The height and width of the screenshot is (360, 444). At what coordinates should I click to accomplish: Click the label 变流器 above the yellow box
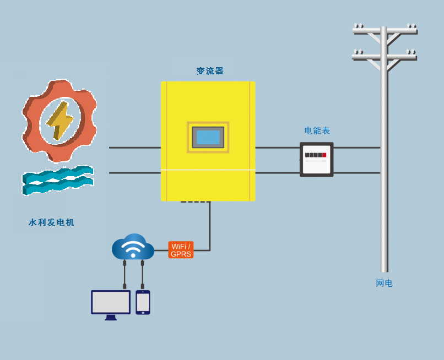(x=210, y=71)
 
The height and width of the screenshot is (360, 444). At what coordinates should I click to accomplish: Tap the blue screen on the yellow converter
(x=208, y=137)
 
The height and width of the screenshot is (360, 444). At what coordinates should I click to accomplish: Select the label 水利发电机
(x=51, y=222)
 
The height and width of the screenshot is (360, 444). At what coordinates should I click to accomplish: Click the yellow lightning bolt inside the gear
(x=60, y=121)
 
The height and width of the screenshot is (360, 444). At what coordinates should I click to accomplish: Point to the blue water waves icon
(x=58, y=181)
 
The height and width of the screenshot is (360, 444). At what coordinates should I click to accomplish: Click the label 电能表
(x=317, y=130)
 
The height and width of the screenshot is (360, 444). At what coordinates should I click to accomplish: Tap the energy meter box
(x=317, y=160)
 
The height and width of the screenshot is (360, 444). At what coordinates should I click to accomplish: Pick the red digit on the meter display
(x=324, y=155)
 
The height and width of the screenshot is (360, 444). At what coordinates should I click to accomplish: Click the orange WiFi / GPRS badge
(x=181, y=249)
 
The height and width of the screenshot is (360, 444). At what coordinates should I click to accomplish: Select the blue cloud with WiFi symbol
(x=133, y=247)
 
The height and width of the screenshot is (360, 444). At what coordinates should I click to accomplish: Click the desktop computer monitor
(x=111, y=305)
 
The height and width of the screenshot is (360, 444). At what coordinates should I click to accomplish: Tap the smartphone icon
(x=143, y=302)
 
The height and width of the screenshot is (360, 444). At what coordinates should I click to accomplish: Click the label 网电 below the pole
(x=385, y=283)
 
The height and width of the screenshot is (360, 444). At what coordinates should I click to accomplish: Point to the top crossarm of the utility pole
(x=385, y=31)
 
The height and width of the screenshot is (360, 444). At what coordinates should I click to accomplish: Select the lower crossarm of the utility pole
(x=385, y=57)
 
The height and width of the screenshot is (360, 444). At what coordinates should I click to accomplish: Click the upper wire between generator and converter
(x=135, y=148)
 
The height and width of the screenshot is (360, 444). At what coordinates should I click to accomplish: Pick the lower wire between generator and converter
(x=135, y=173)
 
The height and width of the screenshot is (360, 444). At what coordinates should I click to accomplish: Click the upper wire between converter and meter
(x=278, y=148)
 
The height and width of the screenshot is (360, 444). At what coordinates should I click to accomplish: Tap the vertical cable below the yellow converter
(x=210, y=226)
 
